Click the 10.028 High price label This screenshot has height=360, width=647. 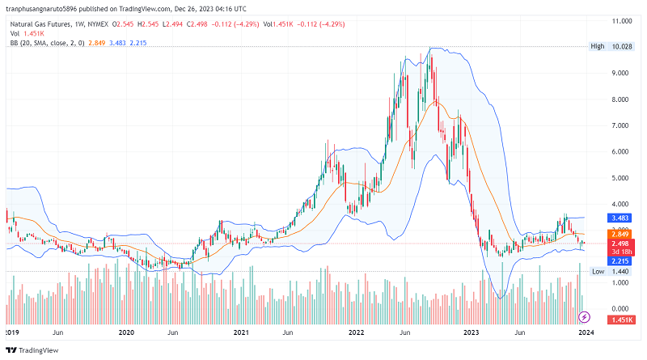pyautogui.click(x=620, y=47)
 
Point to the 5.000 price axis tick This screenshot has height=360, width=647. pyautogui.click(x=620, y=178)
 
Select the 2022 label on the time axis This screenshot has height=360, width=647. pyautogui.click(x=356, y=331)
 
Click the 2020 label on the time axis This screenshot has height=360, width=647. pyautogui.click(x=125, y=331)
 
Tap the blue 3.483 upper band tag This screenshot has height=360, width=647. pyautogui.click(x=620, y=218)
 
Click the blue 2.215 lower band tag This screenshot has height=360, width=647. pyautogui.click(x=620, y=261)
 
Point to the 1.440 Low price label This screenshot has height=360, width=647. pyautogui.click(x=620, y=272)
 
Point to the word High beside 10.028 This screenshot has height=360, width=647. pyautogui.click(x=598, y=47)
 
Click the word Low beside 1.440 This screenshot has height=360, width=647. pyautogui.click(x=598, y=272)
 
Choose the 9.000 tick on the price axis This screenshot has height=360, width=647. pyautogui.click(x=620, y=73)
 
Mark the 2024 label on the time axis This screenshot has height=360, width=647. pyautogui.click(x=586, y=331)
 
